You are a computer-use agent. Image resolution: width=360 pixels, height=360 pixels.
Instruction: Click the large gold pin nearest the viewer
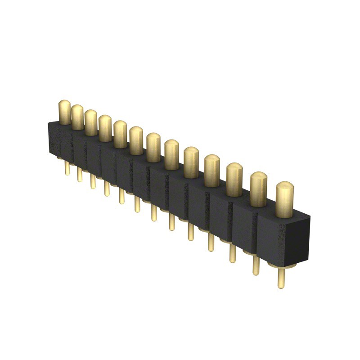[284, 200]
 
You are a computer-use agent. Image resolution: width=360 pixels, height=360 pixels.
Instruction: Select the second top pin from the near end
[258, 189]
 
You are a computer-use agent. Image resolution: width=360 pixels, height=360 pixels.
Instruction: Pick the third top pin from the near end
[234, 180]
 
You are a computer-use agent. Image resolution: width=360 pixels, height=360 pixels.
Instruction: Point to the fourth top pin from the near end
[212, 171]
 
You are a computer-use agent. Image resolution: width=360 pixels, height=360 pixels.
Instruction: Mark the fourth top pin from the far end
[105, 129]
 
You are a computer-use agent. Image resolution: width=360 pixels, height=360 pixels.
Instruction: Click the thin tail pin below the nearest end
[281, 277]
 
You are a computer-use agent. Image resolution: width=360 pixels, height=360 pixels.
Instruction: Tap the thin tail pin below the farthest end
[67, 167]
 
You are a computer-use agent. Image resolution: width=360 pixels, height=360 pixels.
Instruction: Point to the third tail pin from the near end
[232, 252]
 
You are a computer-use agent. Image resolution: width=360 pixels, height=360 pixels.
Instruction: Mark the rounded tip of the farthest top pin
[64, 102]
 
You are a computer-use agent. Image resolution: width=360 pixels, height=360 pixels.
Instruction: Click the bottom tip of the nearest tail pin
[281, 286]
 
